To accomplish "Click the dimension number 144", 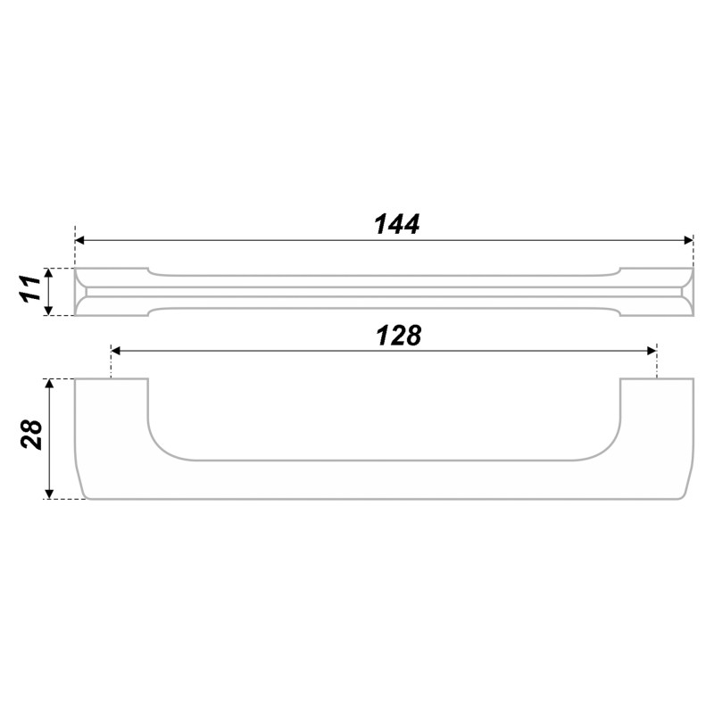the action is tap(396, 224).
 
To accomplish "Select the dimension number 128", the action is tap(399, 336).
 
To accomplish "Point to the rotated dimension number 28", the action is tap(32, 435).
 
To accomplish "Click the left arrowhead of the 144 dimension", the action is tap(79, 240).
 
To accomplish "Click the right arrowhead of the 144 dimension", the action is tap(688, 240).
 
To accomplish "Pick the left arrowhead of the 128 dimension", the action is tap(116, 351).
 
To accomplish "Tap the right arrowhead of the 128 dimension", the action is tap(652, 351).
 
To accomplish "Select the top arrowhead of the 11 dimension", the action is tap(50, 273).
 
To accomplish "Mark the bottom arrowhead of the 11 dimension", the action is tap(50, 310).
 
